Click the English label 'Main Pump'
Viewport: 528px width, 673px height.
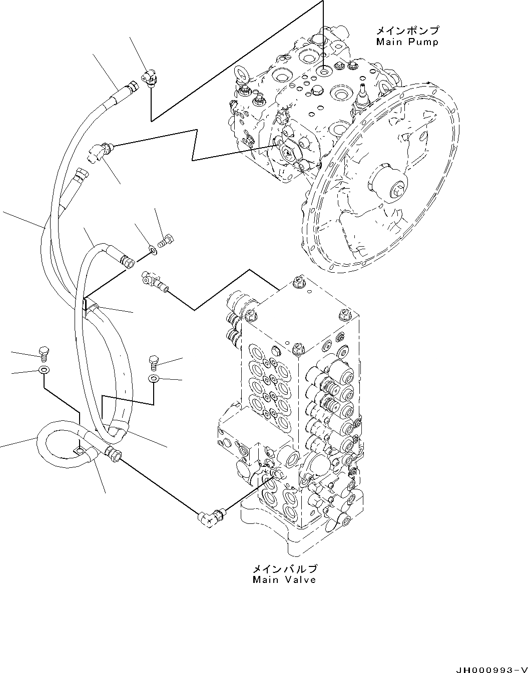pos(407,42)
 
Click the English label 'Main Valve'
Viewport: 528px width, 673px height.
pos(284,580)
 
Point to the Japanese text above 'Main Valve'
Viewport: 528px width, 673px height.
pos(284,569)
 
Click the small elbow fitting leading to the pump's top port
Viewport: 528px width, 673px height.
pos(149,78)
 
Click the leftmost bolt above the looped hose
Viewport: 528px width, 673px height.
pos(44,352)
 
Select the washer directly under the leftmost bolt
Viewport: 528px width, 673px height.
pos(44,371)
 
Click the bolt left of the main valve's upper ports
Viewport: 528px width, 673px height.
pos(153,360)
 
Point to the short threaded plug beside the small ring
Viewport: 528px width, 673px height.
pos(166,241)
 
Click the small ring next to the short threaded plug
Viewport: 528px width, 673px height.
pos(152,249)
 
